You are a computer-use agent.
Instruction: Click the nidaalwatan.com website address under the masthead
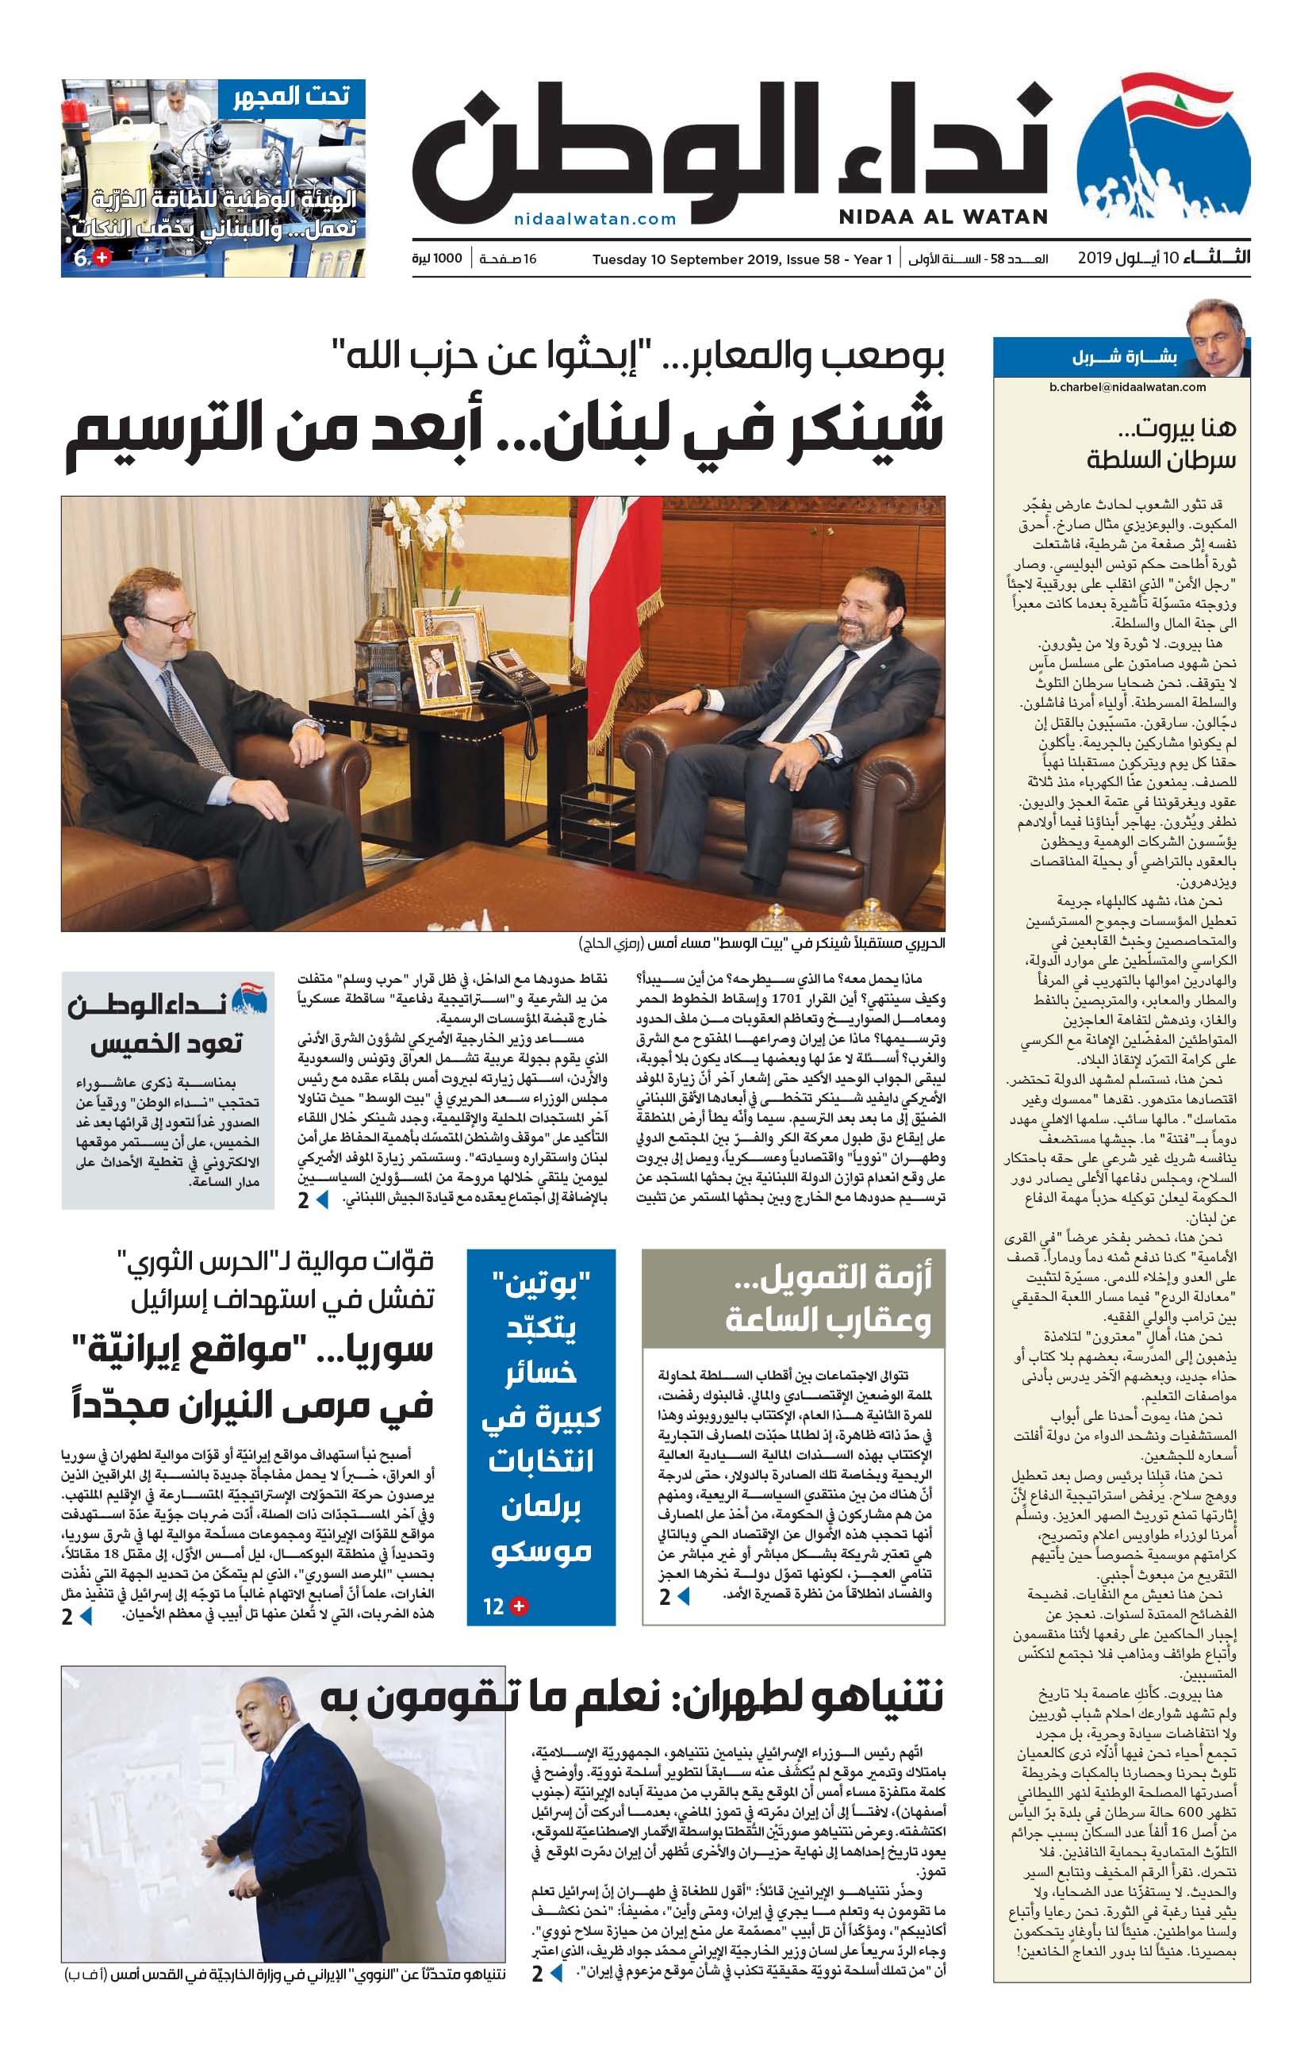point(595,219)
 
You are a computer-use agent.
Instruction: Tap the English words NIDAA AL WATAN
point(942,217)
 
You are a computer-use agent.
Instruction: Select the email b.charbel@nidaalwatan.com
point(1126,387)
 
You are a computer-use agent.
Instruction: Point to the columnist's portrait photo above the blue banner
point(1214,336)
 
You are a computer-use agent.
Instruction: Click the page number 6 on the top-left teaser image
point(81,259)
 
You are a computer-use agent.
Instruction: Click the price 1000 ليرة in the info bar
point(436,259)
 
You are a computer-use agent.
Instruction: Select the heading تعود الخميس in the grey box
point(167,1043)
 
